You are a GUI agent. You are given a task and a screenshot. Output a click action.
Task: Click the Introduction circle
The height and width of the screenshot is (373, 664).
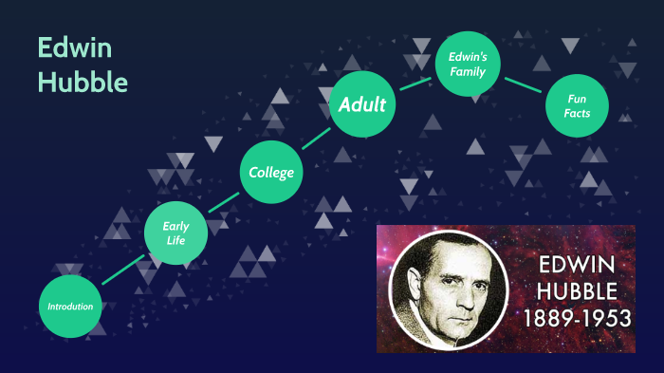point(71,306)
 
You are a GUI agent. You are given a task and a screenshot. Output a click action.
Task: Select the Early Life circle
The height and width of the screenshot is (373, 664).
point(175,233)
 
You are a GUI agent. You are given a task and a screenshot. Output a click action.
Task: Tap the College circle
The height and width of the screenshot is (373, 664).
point(271,172)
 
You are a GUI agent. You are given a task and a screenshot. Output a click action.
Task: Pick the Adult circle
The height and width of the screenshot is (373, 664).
point(362,104)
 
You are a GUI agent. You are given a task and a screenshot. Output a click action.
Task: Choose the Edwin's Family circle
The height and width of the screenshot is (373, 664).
point(467,64)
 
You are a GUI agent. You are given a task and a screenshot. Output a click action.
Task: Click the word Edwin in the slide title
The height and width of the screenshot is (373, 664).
point(63,48)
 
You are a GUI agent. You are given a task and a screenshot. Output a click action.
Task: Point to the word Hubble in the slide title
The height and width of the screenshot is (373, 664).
point(83,82)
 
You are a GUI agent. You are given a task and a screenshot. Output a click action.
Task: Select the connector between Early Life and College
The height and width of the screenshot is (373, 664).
point(224,202)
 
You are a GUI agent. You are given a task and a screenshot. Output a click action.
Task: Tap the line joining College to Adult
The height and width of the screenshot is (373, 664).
point(317,138)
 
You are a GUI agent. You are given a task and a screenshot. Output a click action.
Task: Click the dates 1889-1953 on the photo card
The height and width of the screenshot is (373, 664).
point(577,318)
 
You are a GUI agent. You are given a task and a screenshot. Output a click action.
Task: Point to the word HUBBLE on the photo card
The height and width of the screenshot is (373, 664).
point(577,290)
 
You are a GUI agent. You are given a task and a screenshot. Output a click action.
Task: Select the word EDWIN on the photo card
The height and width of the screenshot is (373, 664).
point(577,263)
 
